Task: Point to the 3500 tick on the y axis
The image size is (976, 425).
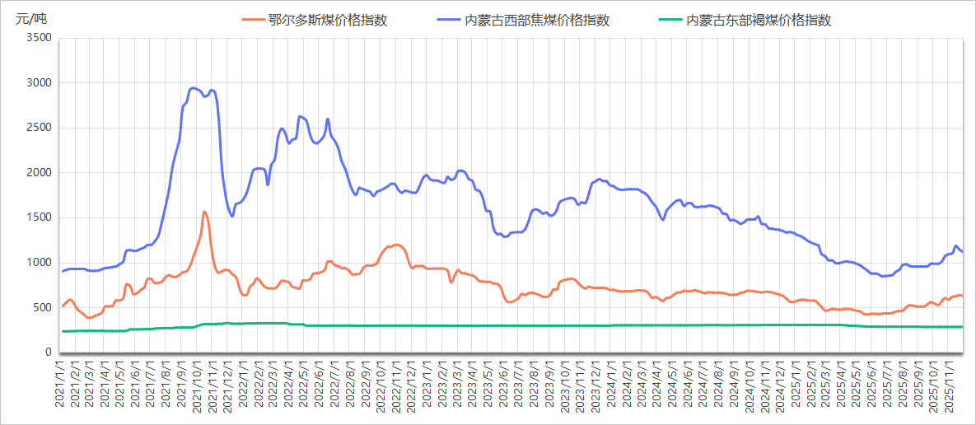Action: (x=39, y=38)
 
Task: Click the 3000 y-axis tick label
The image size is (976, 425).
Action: (x=39, y=83)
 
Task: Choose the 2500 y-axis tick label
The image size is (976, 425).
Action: (x=39, y=128)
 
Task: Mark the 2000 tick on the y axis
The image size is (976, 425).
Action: (x=39, y=173)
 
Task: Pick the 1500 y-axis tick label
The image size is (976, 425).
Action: (x=39, y=218)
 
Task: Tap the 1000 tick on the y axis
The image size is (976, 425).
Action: (x=39, y=263)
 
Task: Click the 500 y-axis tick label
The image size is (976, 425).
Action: (x=42, y=308)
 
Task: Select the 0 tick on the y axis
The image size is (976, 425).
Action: (x=48, y=353)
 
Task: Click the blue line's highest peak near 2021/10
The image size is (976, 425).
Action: (x=193, y=87)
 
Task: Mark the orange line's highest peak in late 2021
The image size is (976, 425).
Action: (x=204, y=212)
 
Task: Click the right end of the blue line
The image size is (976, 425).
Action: (x=962, y=251)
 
